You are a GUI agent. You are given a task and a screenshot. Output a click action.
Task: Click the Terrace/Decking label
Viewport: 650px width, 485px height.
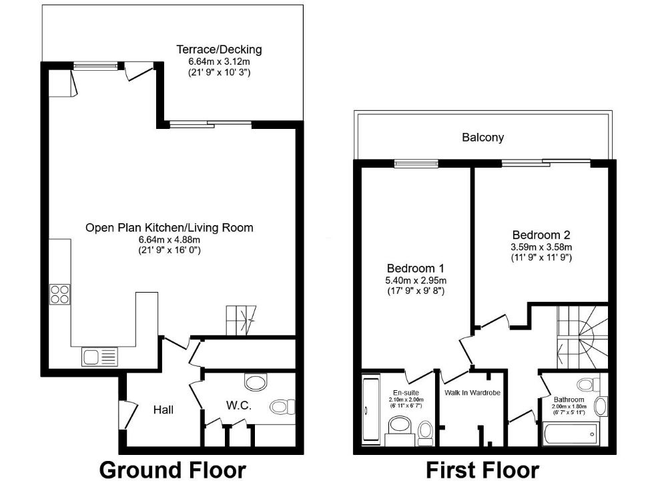click(219, 49)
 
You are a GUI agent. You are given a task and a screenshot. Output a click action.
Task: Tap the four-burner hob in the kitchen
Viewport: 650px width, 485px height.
click(59, 294)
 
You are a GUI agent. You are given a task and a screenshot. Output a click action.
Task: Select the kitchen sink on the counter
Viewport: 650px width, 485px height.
click(99, 357)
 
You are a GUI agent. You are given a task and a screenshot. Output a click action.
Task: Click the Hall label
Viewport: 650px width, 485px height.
click(164, 410)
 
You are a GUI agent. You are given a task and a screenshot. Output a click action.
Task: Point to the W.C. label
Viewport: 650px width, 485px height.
click(238, 405)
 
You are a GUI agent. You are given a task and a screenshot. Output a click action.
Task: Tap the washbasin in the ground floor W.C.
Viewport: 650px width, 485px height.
click(254, 381)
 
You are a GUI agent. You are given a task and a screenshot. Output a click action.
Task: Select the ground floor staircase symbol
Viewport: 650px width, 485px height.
click(242, 320)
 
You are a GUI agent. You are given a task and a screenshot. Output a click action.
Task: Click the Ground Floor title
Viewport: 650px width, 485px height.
click(172, 470)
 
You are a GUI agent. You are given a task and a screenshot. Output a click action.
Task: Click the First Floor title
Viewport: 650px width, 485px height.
click(482, 470)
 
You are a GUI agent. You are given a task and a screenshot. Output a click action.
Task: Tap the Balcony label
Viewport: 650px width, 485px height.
click(482, 138)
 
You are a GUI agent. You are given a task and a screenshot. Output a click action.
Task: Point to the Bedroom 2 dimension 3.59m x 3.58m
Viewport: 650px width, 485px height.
click(541, 247)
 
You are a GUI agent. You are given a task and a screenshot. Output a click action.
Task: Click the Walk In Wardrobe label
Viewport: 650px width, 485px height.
click(472, 393)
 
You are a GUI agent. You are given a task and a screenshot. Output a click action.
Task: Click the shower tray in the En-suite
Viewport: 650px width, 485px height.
click(370, 410)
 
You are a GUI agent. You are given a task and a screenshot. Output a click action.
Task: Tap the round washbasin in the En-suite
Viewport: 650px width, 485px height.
click(400, 424)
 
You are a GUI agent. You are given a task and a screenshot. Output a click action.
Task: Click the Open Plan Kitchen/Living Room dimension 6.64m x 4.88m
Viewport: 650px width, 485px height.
click(169, 239)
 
